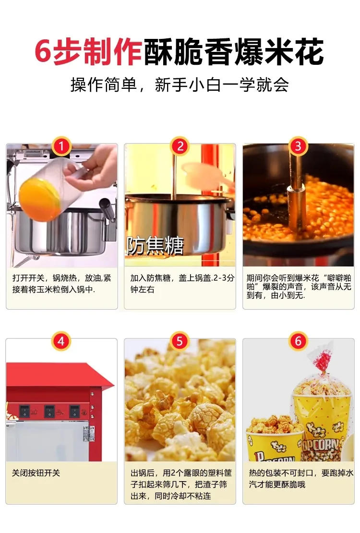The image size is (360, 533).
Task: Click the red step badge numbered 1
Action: coord(61,146)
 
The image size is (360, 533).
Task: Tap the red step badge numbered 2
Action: coord(180,146)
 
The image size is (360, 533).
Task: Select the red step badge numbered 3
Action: coord(298,146)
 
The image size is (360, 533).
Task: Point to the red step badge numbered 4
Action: coord(61,341)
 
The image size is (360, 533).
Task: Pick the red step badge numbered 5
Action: coord(180,341)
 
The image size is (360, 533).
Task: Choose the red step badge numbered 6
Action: coord(298,341)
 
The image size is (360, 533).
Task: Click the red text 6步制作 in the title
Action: coord(89,52)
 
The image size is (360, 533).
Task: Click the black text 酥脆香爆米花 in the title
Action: coord(234,52)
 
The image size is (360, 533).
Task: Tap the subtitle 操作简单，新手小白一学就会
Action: coord(180,85)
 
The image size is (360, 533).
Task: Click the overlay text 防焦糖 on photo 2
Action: coord(155,246)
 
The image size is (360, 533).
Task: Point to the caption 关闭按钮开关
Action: coord(36,473)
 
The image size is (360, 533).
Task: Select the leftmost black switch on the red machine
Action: coord(24,411)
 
